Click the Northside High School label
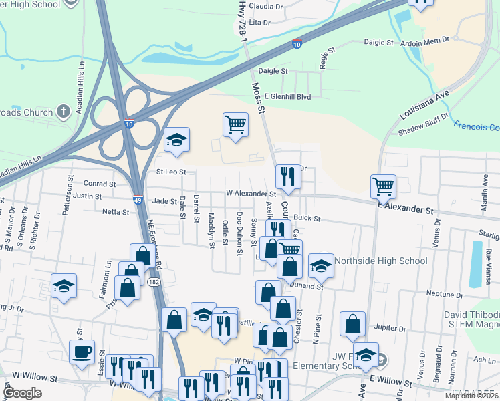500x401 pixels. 380,261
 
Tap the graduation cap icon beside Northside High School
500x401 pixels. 321,267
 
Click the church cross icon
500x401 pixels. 64,112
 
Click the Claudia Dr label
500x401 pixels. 265,6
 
